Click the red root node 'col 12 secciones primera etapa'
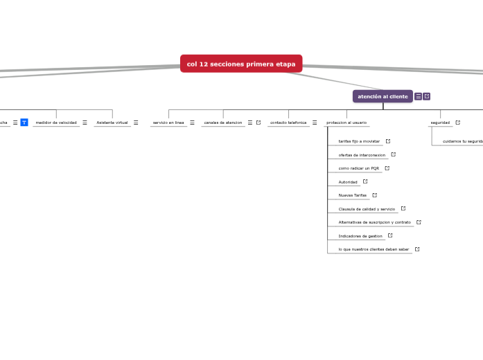pyautogui.click(x=241, y=64)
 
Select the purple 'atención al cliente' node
pyautogui.click(x=383, y=96)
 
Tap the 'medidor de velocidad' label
pyautogui.click(x=56, y=123)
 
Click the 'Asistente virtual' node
pyautogui.click(x=112, y=123)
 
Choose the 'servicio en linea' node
pyautogui.click(x=168, y=123)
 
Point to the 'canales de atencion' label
pyautogui.click(x=223, y=123)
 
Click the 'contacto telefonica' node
pyautogui.click(x=288, y=123)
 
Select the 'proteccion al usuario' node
pyautogui.click(x=346, y=123)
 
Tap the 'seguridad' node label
pyautogui.click(x=440, y=123)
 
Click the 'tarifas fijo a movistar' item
pyautogui.click(x=359, y=141)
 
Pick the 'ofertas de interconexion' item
pyautogui.click(x=362, y=155)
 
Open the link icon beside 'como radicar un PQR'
pyautogui.click(x=387, y=168)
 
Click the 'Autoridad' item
pyautogui.click(x=348, y=182)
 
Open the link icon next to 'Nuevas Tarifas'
pyautogui.click(x=375, y=195)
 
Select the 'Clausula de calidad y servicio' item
pyautogui.click(x=367, y=209)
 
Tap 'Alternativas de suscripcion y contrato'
pyautogui.click(x=374, y=222)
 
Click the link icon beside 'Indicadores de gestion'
pyautogui.click(x=390, y=235)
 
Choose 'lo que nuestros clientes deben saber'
pyautogui.click(x=374, y=249)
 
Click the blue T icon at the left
pyautogui.click(x=24, y=123)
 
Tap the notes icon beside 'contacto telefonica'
pyautogui.click(x=315, y=123)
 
